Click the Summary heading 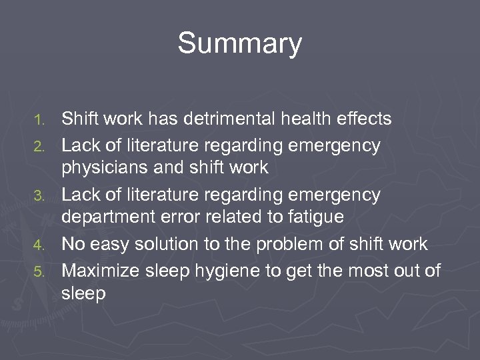click(x=239, y=44)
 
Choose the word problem click(x=299, y=244)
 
